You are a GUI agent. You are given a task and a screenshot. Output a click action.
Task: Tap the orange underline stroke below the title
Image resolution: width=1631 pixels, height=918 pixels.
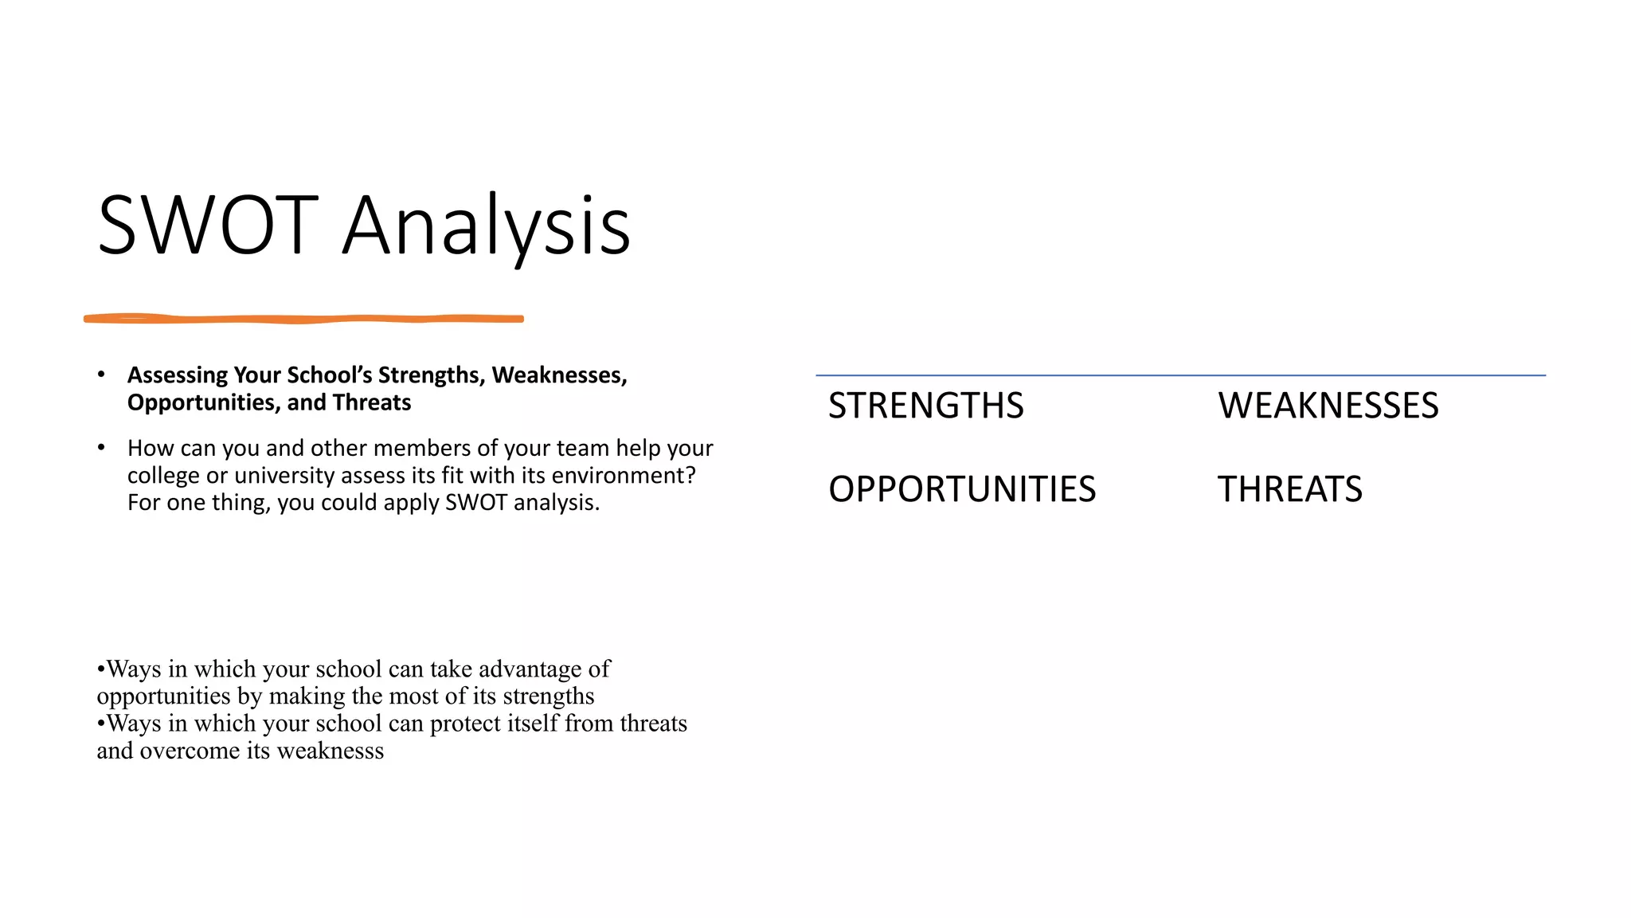click(303, 319)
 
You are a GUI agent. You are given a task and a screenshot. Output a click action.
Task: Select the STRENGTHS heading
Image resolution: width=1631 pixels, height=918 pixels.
click(925, 406)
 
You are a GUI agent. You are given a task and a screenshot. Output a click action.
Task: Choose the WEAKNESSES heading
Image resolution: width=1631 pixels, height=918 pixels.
click(1328, 406)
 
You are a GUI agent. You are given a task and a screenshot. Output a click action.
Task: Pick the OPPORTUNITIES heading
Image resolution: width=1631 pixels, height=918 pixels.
click(961, 489)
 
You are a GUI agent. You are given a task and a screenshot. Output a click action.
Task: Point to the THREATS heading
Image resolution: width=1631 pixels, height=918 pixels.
click(1289, 489)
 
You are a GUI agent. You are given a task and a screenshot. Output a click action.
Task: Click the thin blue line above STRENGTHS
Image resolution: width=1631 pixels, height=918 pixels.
click(1179, 375)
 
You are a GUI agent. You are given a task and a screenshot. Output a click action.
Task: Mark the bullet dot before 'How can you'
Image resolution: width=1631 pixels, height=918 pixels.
click(101, 448)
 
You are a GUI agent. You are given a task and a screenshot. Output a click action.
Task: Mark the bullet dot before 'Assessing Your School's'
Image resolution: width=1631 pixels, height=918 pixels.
click(101, 375)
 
